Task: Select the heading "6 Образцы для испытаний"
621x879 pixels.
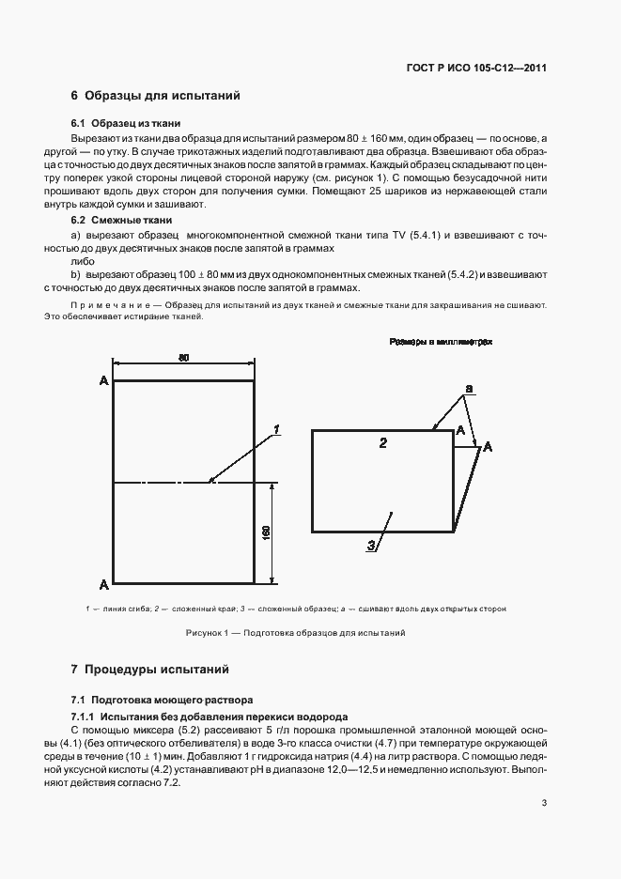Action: [x=156, y=96]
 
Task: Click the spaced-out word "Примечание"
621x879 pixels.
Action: [x=110, y=305]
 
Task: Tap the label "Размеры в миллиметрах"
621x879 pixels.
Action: [x=441, y=343]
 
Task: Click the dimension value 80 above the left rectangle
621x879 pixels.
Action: [x=184, y=357]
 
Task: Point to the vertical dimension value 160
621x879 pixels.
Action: [x=266, y=532]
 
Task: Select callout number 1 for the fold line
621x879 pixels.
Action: [x=277, y=429]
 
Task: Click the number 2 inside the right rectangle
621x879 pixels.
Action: [x=382, y=442]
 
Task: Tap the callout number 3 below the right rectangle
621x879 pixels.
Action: [x=371, y=545]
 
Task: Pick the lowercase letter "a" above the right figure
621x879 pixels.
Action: [x=469, y=387]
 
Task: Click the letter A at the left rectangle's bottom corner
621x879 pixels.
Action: [x=102, y=583]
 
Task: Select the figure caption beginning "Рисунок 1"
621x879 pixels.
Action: [x=295, y=633]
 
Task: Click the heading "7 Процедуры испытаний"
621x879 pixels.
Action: [x=149, y=671]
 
